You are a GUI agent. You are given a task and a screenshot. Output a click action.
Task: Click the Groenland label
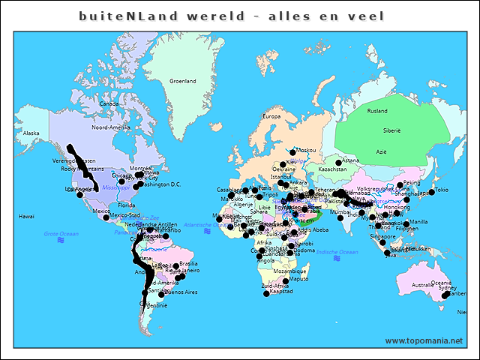point(183,81)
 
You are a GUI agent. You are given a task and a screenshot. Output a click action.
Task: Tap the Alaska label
point(31,133)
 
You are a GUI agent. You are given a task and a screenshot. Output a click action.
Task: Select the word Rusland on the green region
point(377,111)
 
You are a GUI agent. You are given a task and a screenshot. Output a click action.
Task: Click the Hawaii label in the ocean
point(26,216)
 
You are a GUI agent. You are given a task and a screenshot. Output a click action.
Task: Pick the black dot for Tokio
point(433,190)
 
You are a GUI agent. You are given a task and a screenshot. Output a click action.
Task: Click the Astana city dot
point(339,161)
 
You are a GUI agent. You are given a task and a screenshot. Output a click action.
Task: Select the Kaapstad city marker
point(266,293)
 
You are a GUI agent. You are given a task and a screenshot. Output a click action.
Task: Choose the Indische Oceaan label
point(339,252)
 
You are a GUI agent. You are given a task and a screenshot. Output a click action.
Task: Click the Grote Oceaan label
point(61,235)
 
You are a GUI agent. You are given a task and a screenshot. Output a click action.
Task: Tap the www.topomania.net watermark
point(424,341)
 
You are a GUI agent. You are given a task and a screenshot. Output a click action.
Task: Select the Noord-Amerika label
point(111,127)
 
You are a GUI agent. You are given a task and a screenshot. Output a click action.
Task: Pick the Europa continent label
point(270,116)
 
